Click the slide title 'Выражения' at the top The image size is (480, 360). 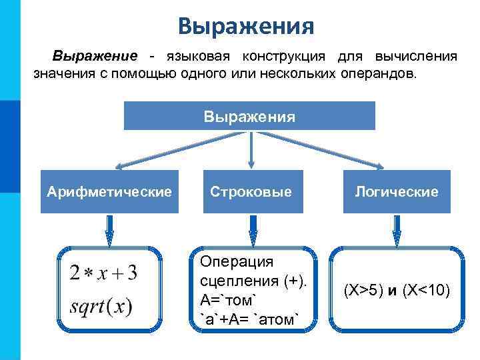[246, 27]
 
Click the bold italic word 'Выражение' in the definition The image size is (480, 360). [96, 56]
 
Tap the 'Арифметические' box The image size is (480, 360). [110, 192]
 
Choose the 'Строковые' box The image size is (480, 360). [251, 192]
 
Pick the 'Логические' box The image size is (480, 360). [397, 192]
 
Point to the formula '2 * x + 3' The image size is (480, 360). [103, 273]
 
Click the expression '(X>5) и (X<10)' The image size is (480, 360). [397, 290]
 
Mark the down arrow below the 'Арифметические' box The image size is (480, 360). [109, 229]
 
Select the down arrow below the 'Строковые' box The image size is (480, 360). [253, 229]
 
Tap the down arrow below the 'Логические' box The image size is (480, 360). [397, 229]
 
